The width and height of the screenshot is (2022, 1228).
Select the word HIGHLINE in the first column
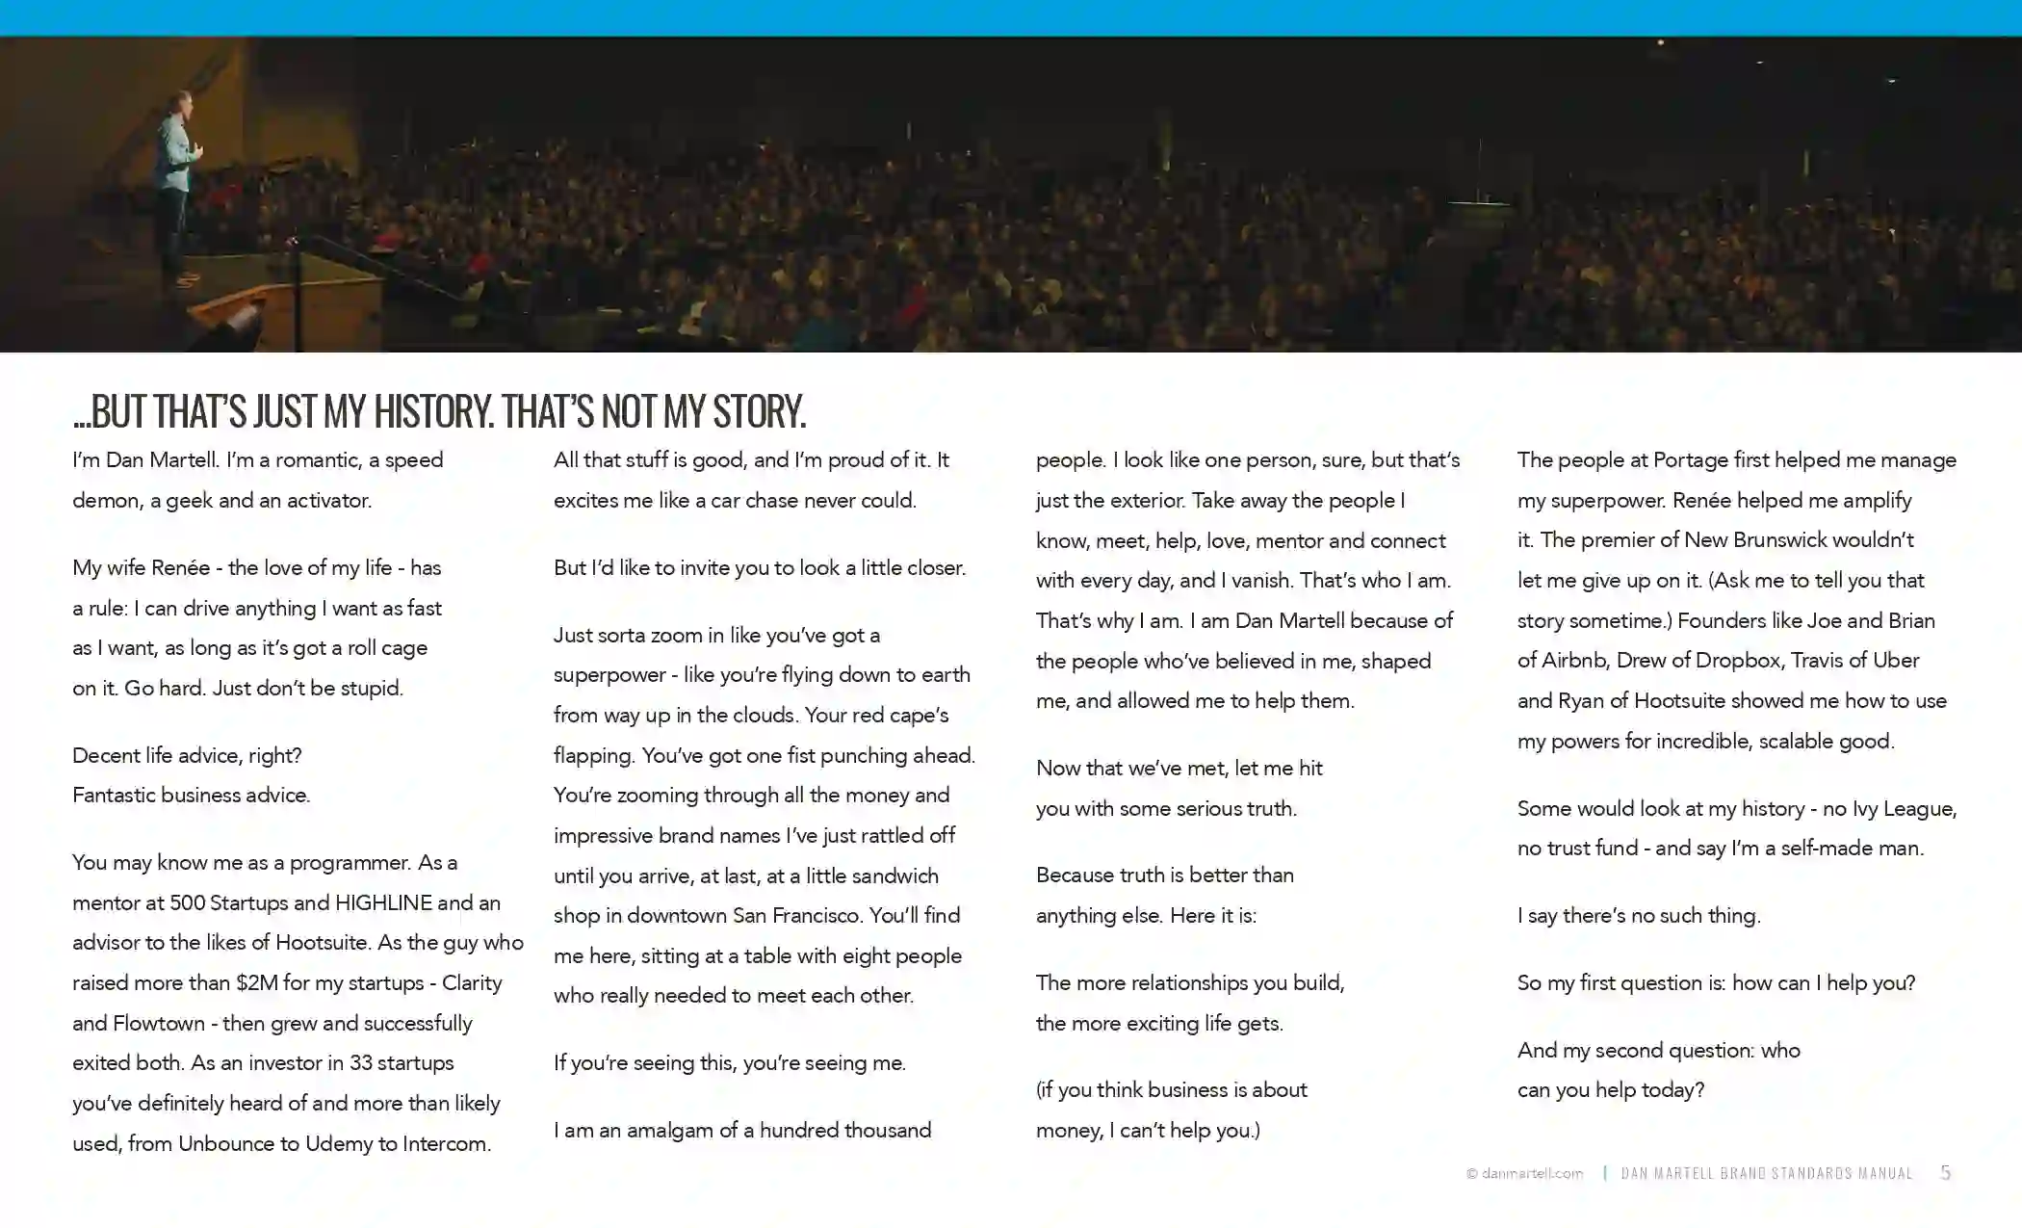(383, 902)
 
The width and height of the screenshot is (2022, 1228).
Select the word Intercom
(446, 1143)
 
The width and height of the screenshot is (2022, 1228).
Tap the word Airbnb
(1573, 660)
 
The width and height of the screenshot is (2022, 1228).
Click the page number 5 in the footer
(1945, 1172)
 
